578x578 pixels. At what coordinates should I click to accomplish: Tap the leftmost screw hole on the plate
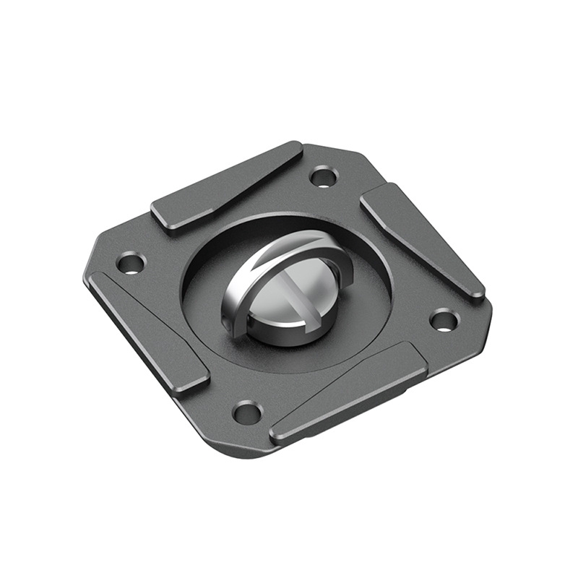(131, 262)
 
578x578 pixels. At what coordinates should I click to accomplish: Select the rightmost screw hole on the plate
(444, 319)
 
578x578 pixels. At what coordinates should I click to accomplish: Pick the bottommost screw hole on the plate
(247, 413)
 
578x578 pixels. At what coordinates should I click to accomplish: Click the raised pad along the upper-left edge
(225, 186)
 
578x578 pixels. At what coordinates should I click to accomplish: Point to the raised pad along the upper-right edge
(421, 239)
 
